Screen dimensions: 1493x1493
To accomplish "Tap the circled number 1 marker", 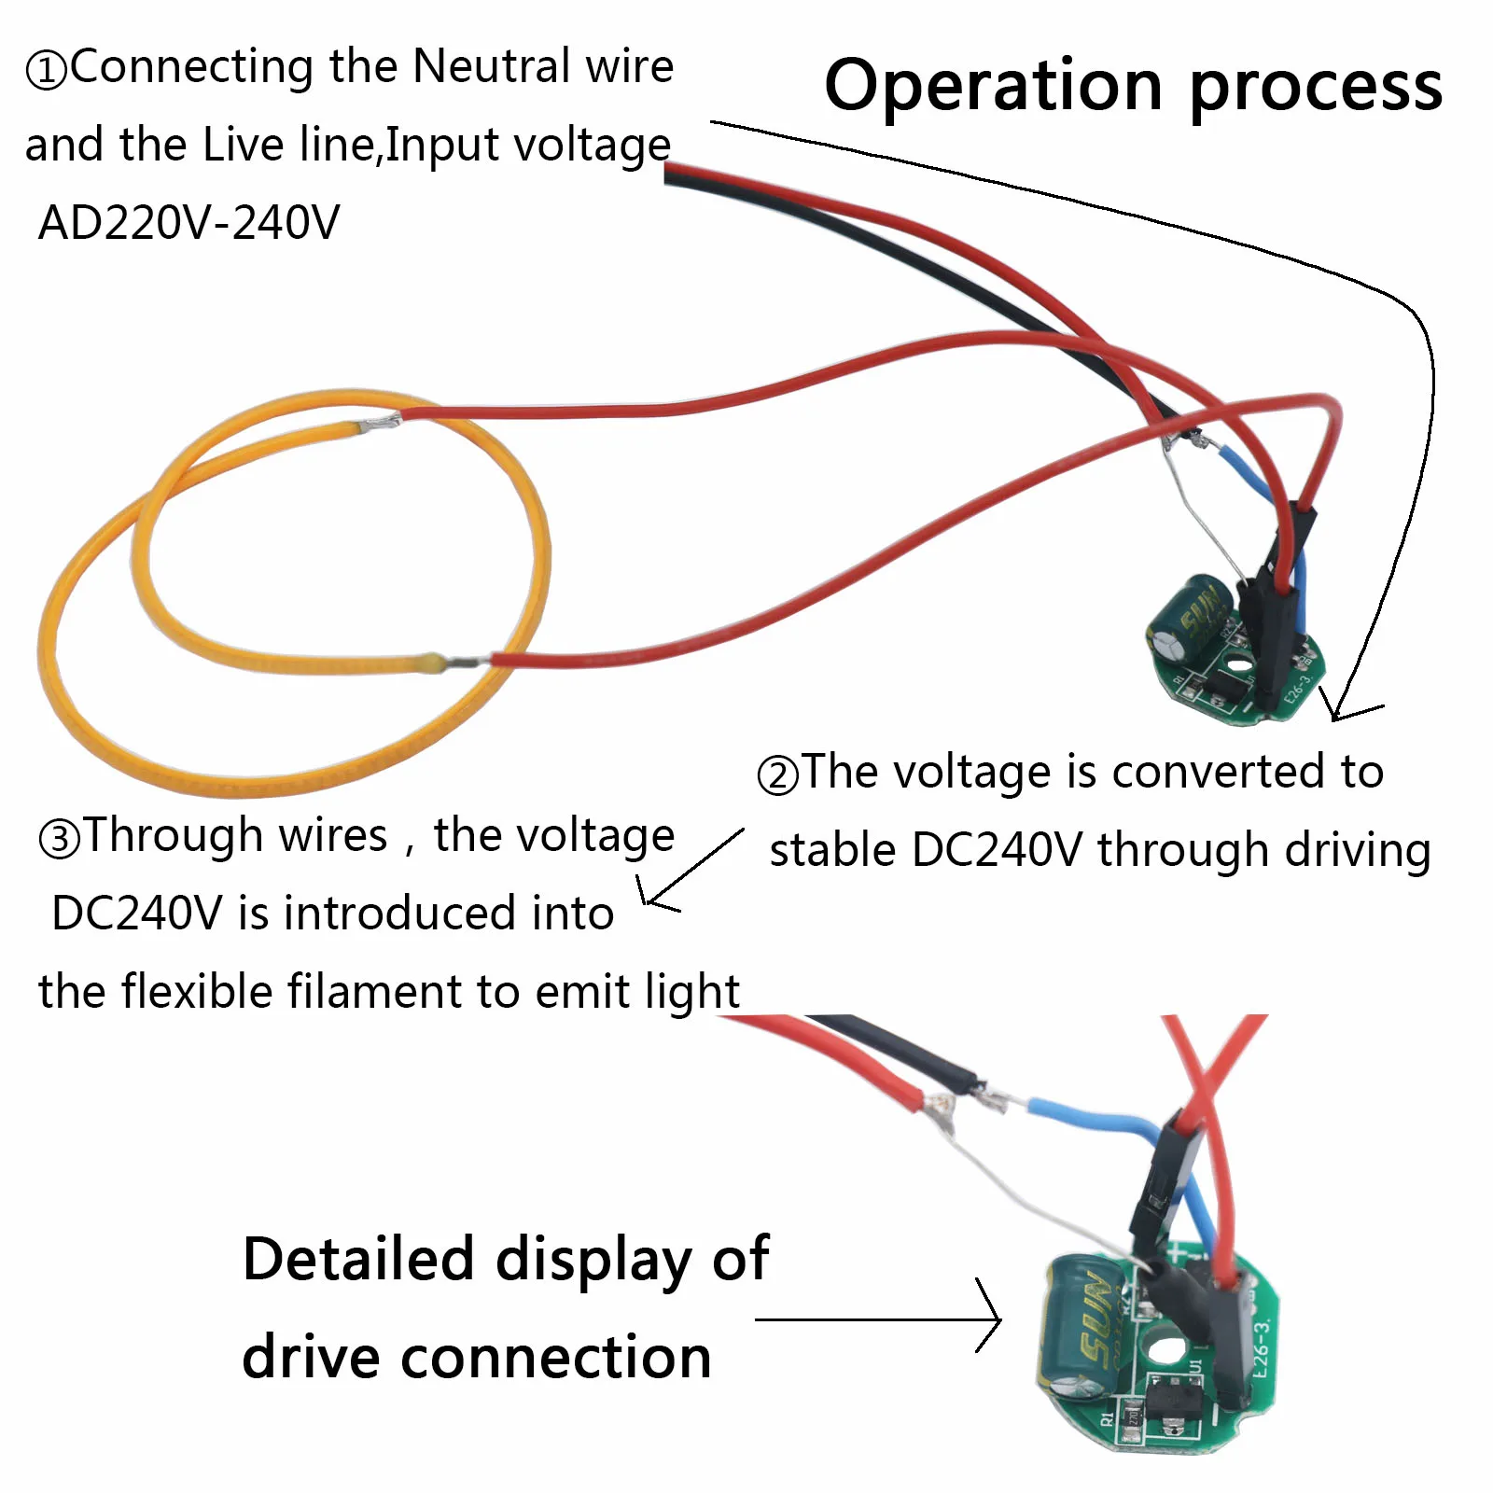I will click(47, 70).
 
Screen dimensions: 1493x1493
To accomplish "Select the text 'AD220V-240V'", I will click(188, 222).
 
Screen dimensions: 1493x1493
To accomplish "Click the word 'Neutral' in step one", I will click(491, 67).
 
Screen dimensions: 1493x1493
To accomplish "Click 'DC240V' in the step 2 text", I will click(997, 850).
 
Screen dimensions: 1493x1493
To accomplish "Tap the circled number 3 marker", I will click(60, 839).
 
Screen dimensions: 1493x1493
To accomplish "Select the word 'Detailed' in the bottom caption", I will click(358, 1259).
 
